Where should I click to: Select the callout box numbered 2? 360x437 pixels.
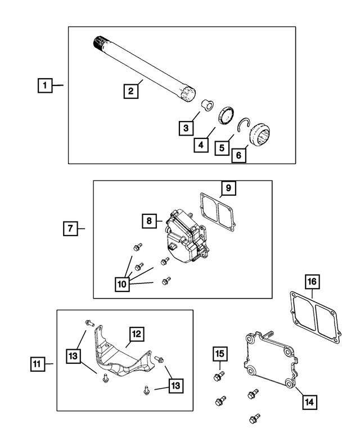coord(130,91)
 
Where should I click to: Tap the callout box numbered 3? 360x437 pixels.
coord(185,128)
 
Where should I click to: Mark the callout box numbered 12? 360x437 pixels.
coord(137,334)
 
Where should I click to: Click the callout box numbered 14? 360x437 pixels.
coord(308,402)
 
